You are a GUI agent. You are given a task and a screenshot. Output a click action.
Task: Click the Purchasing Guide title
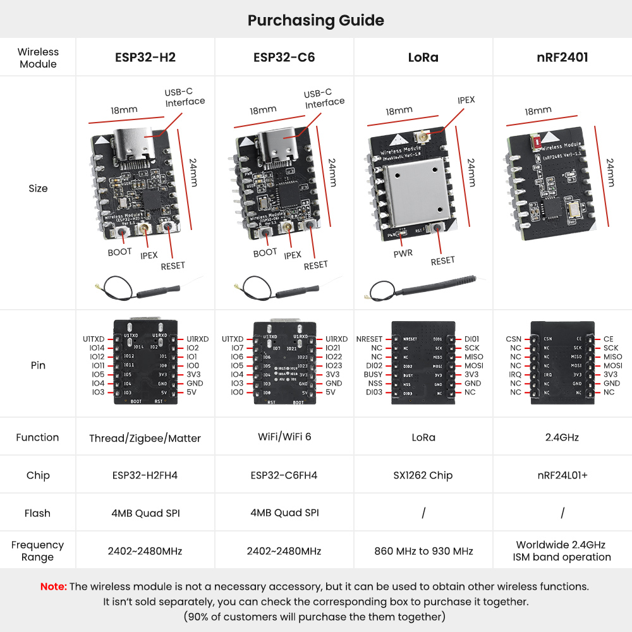pyautogui.click(x=315, y=20)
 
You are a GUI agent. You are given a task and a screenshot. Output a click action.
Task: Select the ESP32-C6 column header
pyautogui.click(x=284, y=58)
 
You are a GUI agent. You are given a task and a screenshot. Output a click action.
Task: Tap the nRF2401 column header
pyautogui.click(x=562, y=58)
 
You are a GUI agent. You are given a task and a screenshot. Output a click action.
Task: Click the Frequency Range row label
pyautogui.click(x=37, y=550)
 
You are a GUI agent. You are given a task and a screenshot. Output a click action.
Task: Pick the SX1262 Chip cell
pyautogui.click(x=423, y=475)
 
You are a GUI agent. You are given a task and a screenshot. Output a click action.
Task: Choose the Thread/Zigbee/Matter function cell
pyautogui.click(x=145, y=438)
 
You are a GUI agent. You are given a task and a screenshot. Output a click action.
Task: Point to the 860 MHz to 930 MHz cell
pyautogui.click(x=423, y=551)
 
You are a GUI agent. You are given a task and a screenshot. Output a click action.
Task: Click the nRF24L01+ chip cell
pyautogui.click(x=562, y=475)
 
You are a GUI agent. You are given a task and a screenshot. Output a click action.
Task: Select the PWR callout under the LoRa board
pyautogui.click(x=403, y=253)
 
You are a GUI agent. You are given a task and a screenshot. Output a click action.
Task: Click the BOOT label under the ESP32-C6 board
pyautogui.click(x=265, y=252)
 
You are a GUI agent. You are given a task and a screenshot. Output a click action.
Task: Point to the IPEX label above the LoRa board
pyautogui.click(x=466, y=100)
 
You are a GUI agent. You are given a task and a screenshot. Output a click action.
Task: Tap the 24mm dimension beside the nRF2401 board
pyautogui.click(x=611, y=172)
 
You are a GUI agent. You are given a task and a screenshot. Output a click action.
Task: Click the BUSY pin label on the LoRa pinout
pyautogui.click(x=373, y=374)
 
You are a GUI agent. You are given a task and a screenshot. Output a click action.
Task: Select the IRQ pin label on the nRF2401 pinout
pyautogui.click(x=515, y=374)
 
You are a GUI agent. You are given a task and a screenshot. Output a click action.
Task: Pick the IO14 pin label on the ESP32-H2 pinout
pyautogui.click(x=97, y=348)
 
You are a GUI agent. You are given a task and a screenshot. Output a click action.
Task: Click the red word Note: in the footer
pyautogui.click(x=53, y=586)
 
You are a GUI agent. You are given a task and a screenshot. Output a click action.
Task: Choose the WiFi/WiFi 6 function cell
pyautogui.click(x=284, y=437)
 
